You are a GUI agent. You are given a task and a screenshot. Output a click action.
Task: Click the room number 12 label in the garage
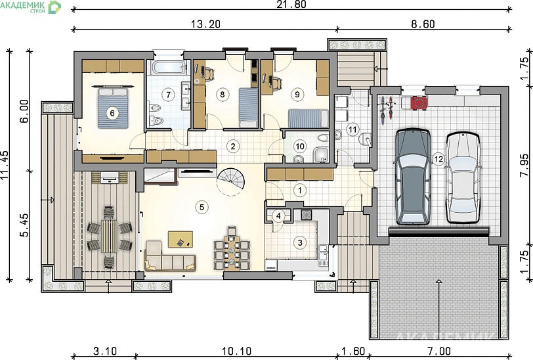(439, 159)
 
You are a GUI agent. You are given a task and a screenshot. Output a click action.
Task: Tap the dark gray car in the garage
(413, 177)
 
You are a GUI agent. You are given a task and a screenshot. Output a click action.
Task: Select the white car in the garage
(463, 178)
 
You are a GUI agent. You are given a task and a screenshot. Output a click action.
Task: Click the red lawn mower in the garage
(419, 103)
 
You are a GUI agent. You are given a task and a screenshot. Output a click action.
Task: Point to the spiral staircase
(231, 182)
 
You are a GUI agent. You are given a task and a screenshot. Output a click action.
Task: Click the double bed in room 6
(113, 106)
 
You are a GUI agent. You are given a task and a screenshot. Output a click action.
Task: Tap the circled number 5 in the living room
(202, 207)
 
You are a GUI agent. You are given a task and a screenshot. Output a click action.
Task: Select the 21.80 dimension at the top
(291, 4)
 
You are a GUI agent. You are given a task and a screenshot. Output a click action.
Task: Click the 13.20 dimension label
(205, 24)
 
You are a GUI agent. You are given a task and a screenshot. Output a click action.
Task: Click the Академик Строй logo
(31, 7)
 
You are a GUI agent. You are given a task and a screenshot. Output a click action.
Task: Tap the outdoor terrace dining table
(109, 236)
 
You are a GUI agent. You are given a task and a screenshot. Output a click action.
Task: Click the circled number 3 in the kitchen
(300, 242)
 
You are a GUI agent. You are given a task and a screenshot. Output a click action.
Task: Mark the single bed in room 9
(309, 118)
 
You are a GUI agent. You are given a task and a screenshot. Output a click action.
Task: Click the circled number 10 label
(300, 146)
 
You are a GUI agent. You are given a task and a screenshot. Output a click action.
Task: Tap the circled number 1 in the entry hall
(300, 191)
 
